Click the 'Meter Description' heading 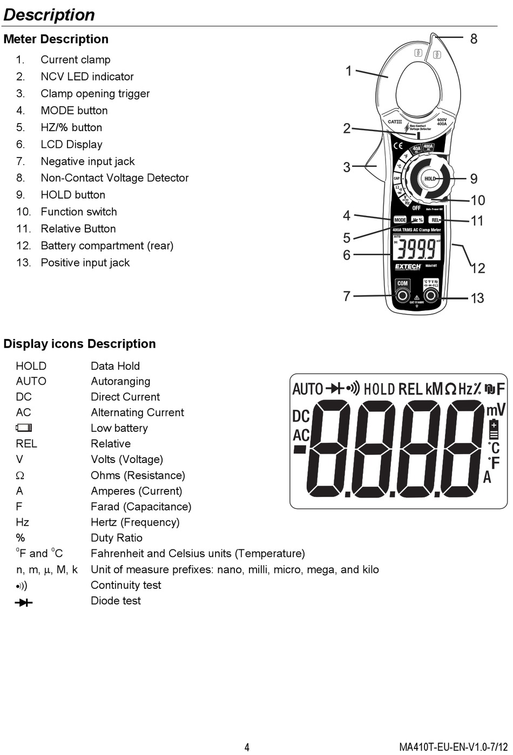(x=56, y=39)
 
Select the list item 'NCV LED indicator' (x=87, y=77)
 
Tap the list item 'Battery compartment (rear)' (x=107, y=246)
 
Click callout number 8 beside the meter (x=474, y=39)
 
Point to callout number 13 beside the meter (x=477, y=298)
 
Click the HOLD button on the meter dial (x=430, y=179)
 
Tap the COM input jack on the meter (x=402, y=295)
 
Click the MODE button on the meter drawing (x=400, y=220)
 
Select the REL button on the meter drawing (x=435, y=220)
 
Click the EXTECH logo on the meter (x=408, y=267)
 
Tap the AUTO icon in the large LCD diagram (x=307, y=389)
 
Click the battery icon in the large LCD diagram (x=494, y=430)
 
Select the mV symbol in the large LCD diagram (x=496, y=410)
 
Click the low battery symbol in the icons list (x=24, y=428)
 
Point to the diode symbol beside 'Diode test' (x=24, y=602)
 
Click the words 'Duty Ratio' (x=116, y=538)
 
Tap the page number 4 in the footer (x=247, y=747)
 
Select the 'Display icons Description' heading (x=79, y=344)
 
